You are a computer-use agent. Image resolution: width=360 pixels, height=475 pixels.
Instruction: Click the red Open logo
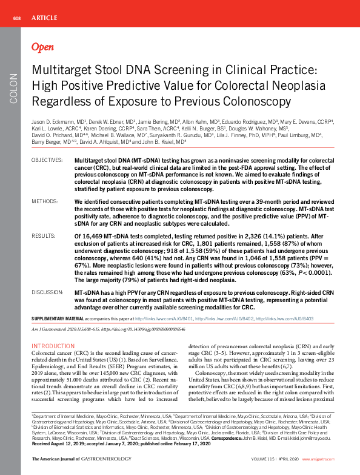(x=42, y=47)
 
